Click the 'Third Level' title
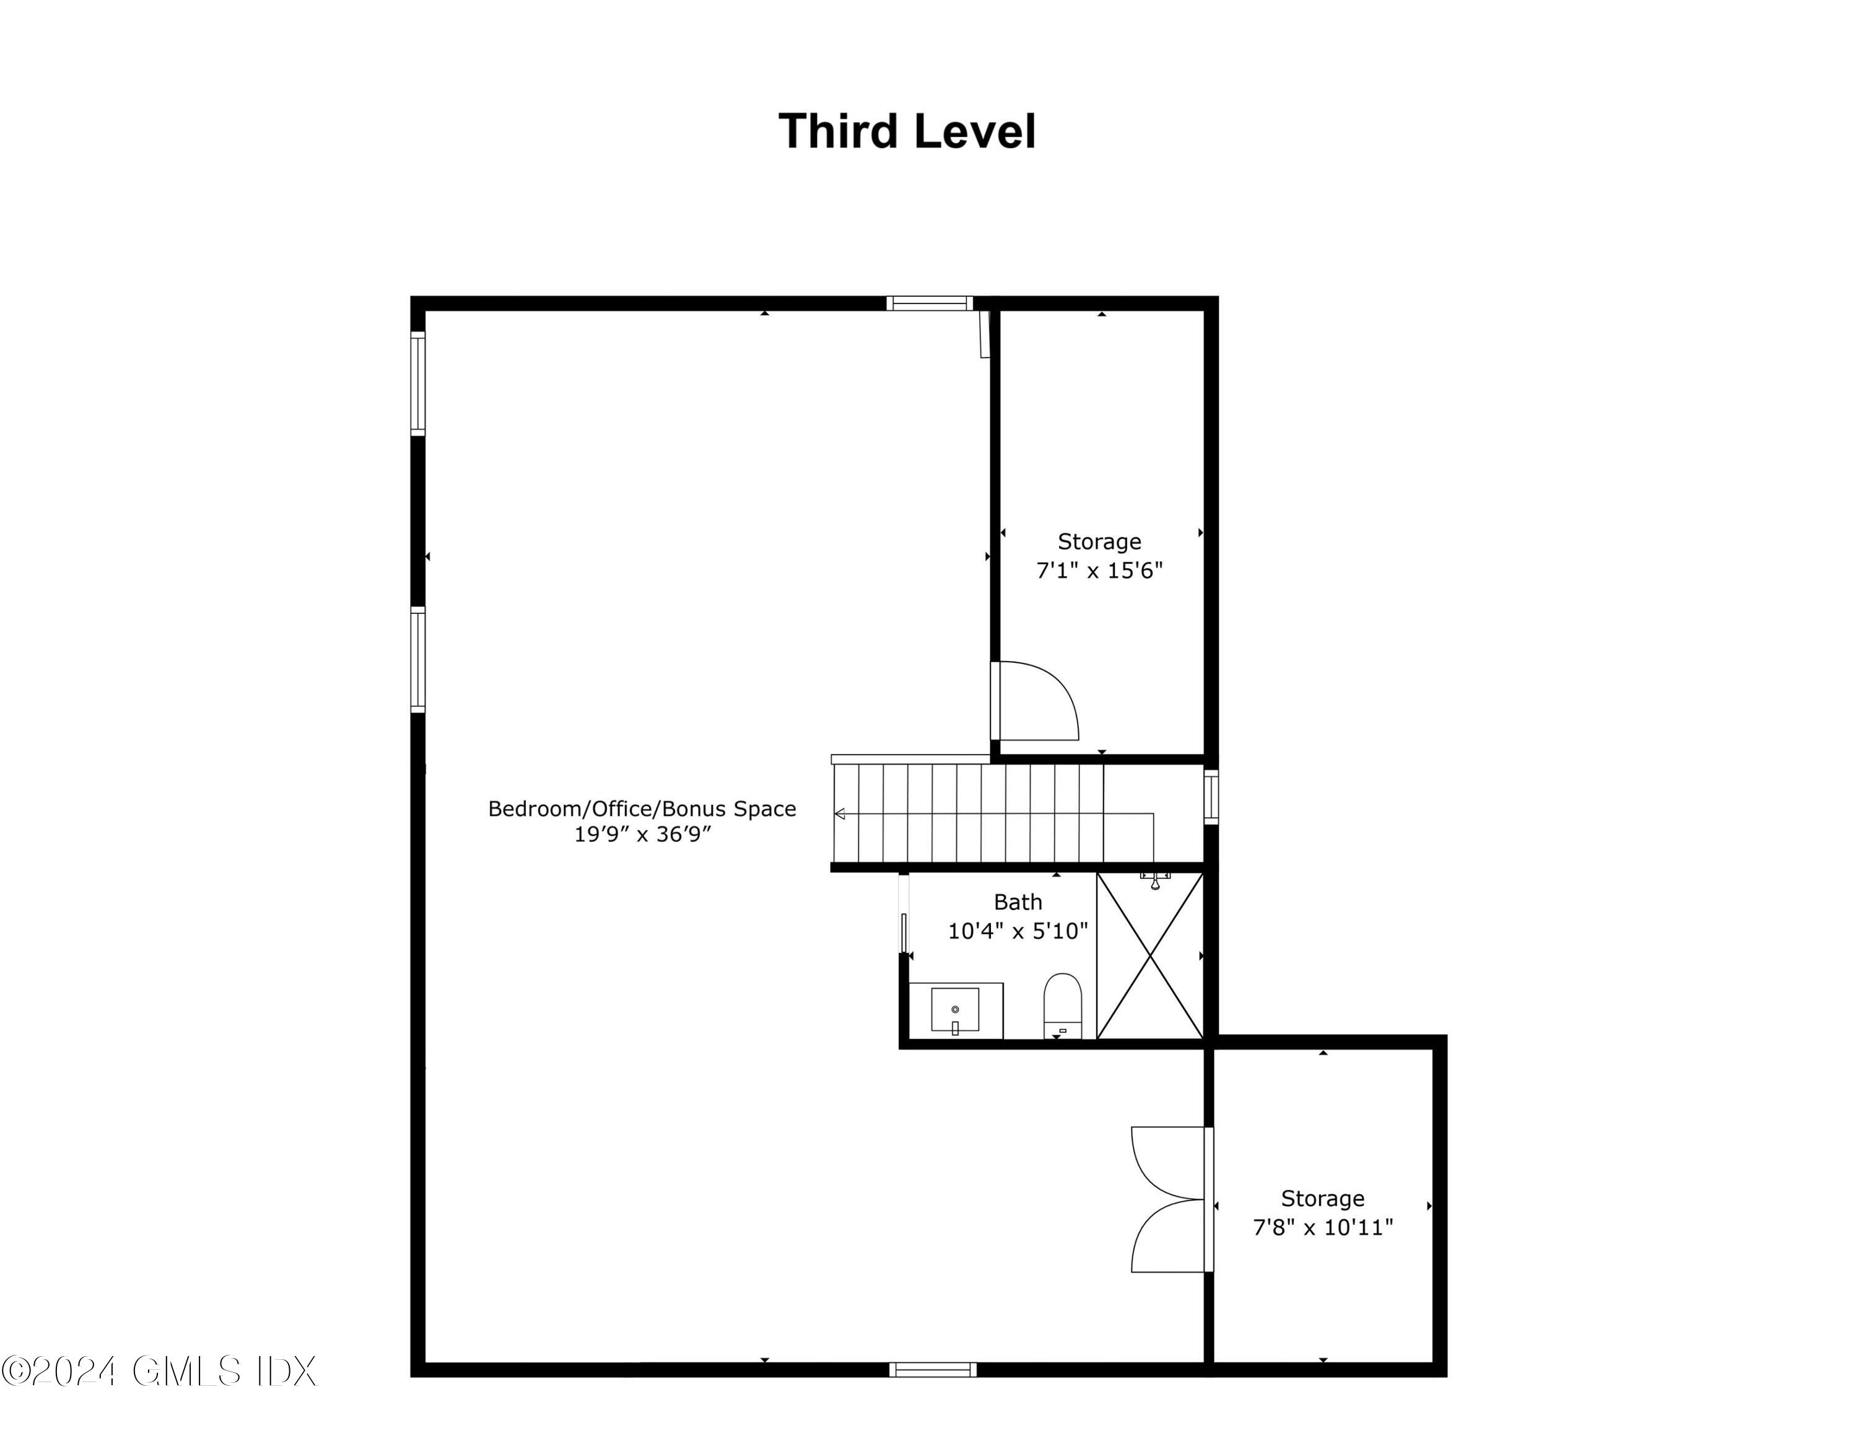click(907, 132)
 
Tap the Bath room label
click(1018, 902)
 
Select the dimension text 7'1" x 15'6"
click(1099, 570)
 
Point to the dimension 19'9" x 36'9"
click(642, 834)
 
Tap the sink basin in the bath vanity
click(954, 1010)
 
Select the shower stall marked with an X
click(1150, 957)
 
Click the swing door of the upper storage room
click(1036, 701)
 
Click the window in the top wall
click(929, 304)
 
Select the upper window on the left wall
click(417, 383)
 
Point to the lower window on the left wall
click(417, 659)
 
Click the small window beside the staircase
click(1211, 797)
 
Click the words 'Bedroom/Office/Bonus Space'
click(642, 808)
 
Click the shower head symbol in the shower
click(1154, 880)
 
